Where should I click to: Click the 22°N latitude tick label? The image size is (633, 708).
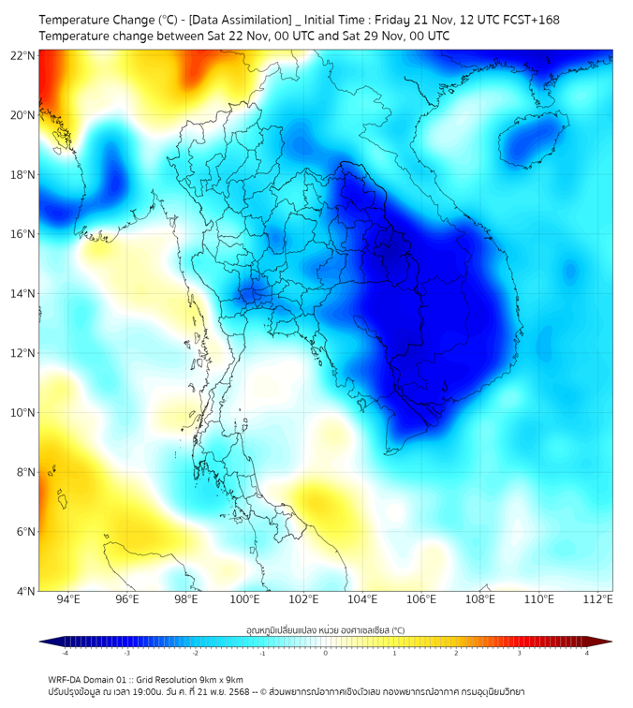tap(23, 55)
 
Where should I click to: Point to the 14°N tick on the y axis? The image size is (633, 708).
tap(23, 293)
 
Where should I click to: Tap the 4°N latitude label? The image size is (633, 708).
tap(25, 591)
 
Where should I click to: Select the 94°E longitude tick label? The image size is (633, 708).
tap(68, 600)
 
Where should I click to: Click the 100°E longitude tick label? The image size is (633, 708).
tap(245, 600)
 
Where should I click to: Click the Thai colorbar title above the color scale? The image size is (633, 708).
tap(325, 629)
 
